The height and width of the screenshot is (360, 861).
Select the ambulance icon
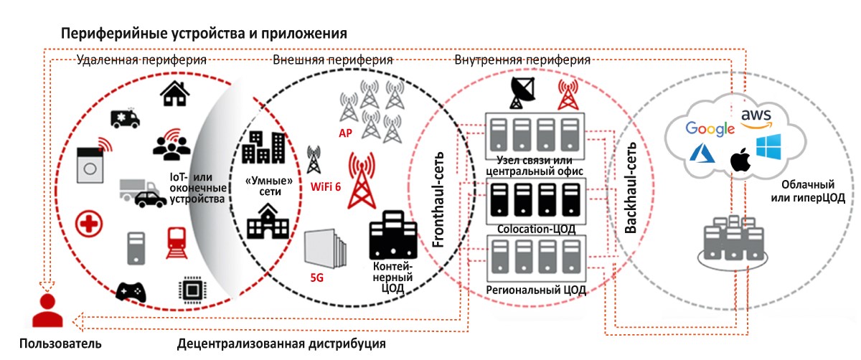[124, 118]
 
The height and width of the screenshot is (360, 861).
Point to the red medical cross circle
[90, 225]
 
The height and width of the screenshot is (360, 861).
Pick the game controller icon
[131, 292]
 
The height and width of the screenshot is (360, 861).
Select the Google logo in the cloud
[710, 128]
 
